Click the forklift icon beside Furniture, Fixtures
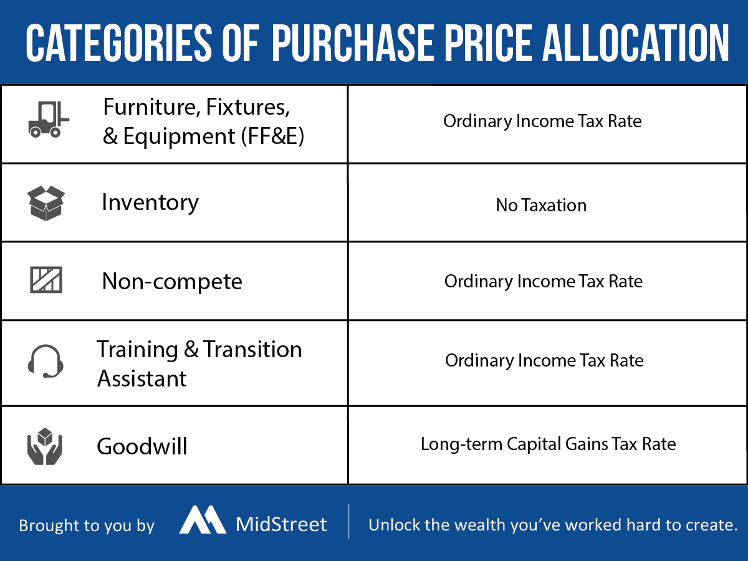(49, 119)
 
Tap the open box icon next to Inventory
(46, 203)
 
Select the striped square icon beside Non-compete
(46, 280)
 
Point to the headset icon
(46, 362)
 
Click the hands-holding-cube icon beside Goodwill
(45, 446)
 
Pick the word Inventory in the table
(150, 203)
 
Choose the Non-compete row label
(172, 282)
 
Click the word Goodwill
(142, 446)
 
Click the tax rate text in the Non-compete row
(544, 281)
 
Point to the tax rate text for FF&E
(542, 122)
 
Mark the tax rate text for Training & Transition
(544, 360)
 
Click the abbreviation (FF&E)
(272, 137)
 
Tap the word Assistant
(141, 378)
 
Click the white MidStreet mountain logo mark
(203, 519)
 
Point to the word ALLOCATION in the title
(635, 43)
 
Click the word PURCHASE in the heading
(353, 43)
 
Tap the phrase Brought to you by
(87, 526)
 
